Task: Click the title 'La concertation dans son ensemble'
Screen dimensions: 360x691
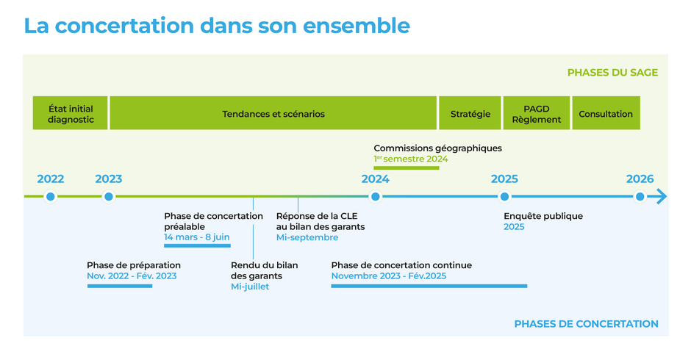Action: pyautogui.click(x=217, y=25)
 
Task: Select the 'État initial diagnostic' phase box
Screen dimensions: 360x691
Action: pyautogui.click(x=71, y=113)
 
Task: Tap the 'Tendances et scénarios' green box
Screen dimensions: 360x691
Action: pyautogui.click(x=273, y=113)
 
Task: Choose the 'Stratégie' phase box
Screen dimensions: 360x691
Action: pyautogui.click(x=470, y=113)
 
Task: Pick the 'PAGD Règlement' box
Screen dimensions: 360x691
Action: pyautogui.click(x=536, y=113)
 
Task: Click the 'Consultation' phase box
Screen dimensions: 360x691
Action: pyautogui.click(x=606, y=113)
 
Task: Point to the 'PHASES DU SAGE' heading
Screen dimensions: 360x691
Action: pyautogui.click(x=612, y=73)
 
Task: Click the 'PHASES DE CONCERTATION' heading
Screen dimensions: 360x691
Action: pyautogui.click(x=586, y=324)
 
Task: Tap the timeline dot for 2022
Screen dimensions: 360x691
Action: pyautogui.click(x=50, y=196)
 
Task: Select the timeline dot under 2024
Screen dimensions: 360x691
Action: pyautogui.click(x=375, y=196)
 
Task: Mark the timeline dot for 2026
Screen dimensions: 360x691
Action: pyautogui.click(x=640, y=196)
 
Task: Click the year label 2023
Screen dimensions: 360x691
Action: pyautogui.click(x=108, y=179)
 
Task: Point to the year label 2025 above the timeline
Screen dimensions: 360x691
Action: pyautogui.click(x=504, y=179)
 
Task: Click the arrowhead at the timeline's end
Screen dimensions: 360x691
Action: pyautogui.click(x=660, y=196)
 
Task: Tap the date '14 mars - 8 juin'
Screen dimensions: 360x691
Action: pyautogui.click(x=196, y=237)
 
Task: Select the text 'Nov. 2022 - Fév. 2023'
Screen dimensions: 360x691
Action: pyautogui.click(x=132, y=276)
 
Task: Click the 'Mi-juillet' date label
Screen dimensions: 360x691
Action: pyautogui.click(x=250, y=287)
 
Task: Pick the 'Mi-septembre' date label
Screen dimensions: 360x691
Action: pyautogui.click(x=307, y=237)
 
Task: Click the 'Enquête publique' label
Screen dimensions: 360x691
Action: pyautogui.click(x=543, y=216)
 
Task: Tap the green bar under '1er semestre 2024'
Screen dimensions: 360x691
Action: pyautogui.click(x=406, y=168)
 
